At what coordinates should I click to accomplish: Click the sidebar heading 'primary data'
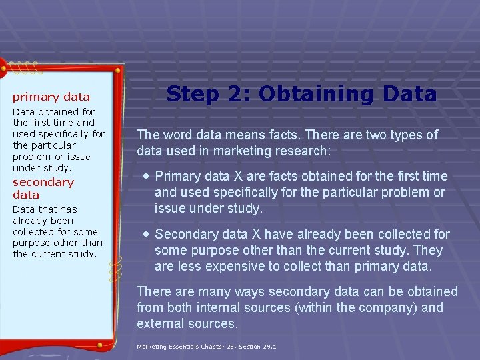click(51, 97)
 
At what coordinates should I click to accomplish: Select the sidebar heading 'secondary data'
click(43, 188)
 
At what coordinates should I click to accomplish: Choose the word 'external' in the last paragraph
click(159, 323)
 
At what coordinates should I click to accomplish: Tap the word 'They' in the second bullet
click(428, 251)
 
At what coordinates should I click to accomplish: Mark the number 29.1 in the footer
click(270, 347)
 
